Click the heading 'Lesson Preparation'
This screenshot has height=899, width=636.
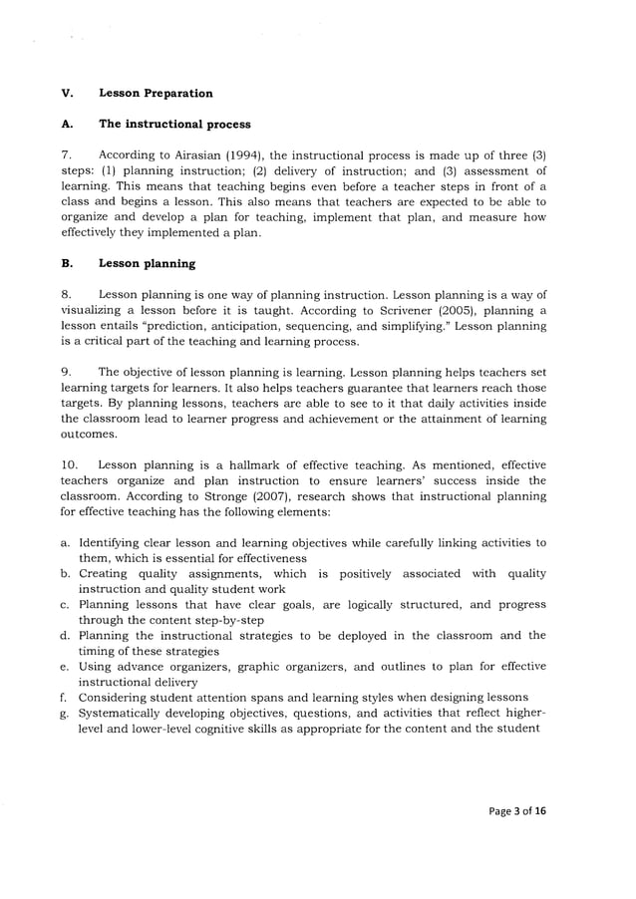(156, 94)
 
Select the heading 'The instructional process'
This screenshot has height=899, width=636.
(173, 125)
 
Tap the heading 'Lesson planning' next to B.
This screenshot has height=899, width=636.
(147, 264)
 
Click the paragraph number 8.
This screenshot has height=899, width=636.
(66, 295)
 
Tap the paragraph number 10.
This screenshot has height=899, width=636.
(70, 464)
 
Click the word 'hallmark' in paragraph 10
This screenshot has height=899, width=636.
(250, 464)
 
